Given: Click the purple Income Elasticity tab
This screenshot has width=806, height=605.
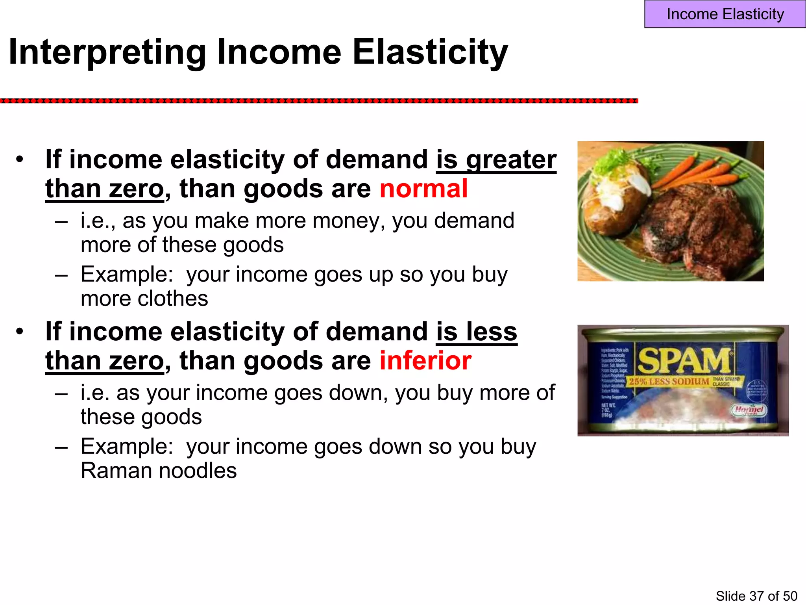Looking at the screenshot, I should (x=725, y=14).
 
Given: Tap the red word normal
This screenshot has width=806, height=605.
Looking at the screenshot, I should (x=423, y=189).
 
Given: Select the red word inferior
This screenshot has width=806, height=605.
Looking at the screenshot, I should (x=425, y=361).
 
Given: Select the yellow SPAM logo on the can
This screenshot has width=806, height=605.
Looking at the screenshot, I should (x=684, y=361).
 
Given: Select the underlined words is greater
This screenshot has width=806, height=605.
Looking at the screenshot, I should (x=496, y=160).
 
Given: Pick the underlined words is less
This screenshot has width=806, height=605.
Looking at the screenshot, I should (x=477, y=332).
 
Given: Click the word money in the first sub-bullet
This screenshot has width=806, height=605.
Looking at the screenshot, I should (x=349, y=221).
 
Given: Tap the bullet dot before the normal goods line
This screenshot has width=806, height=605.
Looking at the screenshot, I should (x=20, y=160).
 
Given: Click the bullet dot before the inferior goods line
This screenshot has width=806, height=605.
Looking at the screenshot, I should (x=20, y=332).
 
